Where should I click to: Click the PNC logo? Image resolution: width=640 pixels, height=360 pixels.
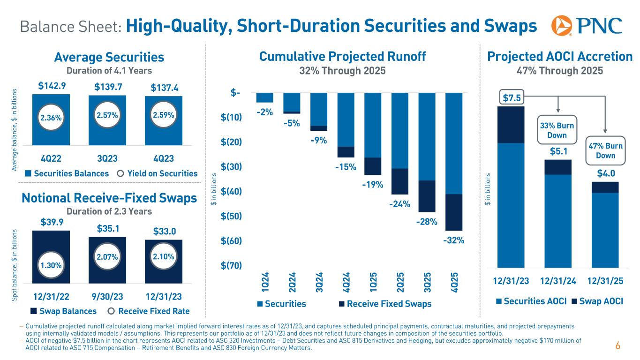(587, 26)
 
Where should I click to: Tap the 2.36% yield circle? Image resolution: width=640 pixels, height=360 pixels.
(51, 118)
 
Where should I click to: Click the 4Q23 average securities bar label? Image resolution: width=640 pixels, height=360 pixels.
(163, 156)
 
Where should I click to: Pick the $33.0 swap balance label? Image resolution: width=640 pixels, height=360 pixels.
(164, 232)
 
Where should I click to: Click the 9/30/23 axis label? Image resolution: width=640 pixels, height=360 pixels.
(107, 296)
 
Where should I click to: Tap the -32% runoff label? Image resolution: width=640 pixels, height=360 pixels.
(453, 240)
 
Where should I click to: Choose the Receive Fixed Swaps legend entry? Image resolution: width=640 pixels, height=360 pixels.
(384, 304)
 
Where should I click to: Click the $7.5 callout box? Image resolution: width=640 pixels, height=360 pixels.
(512, 98)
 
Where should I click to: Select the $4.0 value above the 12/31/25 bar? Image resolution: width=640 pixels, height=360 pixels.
(604, 173)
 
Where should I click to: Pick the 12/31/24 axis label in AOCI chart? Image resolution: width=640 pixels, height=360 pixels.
(558, 281)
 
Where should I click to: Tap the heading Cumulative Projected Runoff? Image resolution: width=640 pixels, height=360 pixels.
(342, 57)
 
